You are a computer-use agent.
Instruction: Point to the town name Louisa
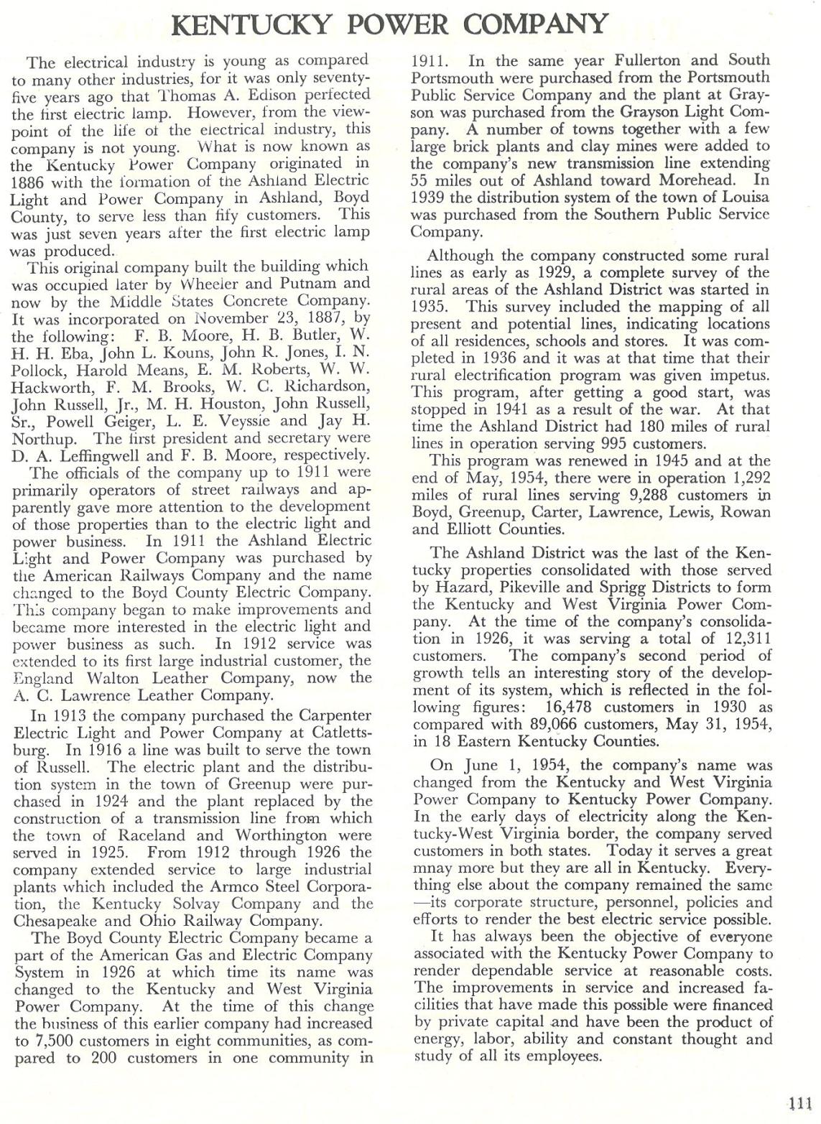(x=742, y=198)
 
